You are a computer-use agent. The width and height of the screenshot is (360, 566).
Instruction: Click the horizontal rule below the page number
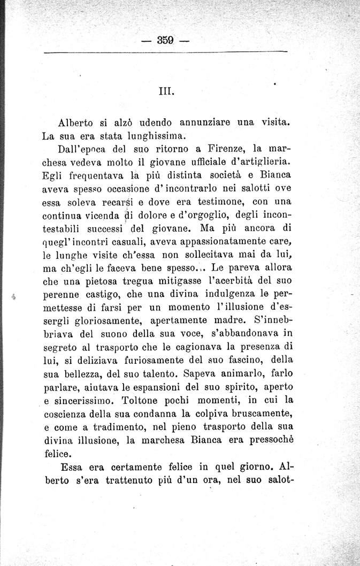(x=165, y=52)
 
